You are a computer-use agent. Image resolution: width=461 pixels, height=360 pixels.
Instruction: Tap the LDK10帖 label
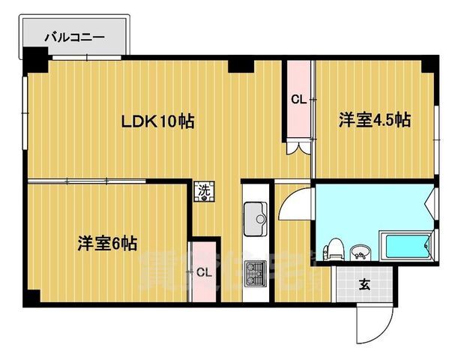159,121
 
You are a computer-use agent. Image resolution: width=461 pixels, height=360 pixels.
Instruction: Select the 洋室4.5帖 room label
374,119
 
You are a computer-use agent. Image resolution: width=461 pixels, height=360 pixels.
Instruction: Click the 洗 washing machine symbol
204,191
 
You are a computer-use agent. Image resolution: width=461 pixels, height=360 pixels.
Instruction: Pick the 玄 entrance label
364,284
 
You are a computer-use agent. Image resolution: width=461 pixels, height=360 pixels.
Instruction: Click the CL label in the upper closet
298,99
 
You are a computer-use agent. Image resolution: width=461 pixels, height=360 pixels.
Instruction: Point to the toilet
334,247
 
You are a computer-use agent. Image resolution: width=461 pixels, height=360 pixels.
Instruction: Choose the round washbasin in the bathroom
361,250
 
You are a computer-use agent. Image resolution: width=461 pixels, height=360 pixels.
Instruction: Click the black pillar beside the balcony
34,59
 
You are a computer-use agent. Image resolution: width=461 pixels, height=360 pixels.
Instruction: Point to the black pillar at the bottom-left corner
30,298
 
